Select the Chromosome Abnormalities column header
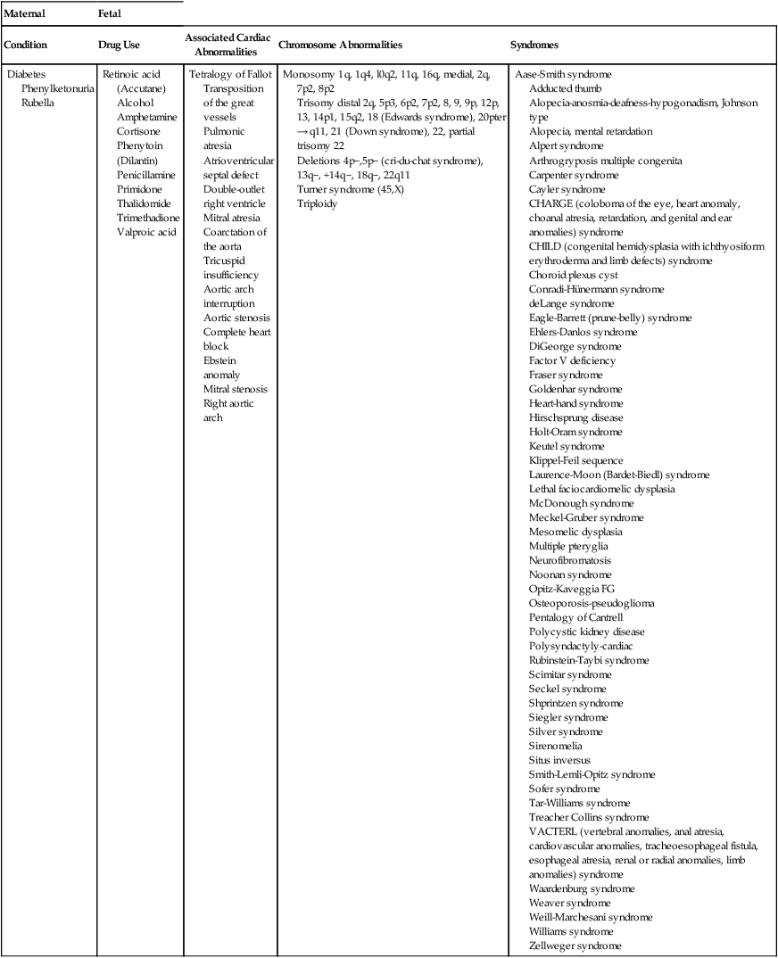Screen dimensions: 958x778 coord(340,44)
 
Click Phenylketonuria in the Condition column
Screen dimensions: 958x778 coord(54,88)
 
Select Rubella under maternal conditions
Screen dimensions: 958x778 coord(38,103)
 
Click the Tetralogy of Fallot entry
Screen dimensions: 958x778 coord(230,74)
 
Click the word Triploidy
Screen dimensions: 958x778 coord(318,203)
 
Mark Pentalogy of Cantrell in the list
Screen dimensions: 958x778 coord(575,617)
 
